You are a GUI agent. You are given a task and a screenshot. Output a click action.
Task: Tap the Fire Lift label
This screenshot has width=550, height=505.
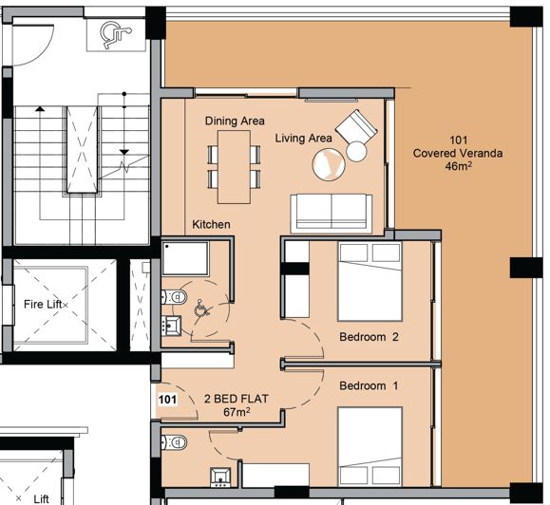pyautogui.click(x=45, y=305)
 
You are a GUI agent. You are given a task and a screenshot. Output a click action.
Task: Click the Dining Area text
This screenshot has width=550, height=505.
pyautogui.click(x=235, y=122)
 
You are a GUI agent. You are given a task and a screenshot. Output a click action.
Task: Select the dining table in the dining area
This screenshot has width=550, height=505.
pyautogui.click(x=234, y=167)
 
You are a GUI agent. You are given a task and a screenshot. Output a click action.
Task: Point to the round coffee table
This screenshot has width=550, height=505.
pyautogui.click(x=329, y=165)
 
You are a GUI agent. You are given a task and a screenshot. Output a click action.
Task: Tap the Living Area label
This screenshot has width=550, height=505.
pyautogui.click(x=303, y=139)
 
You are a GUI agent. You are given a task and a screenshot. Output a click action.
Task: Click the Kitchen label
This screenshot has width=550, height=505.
pyautogui.click(x=211, y=225)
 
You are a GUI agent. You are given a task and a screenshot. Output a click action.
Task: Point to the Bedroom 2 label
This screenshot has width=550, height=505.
pyautogui.click(x=370, y=337)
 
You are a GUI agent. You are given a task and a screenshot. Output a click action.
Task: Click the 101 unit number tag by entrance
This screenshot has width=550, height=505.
pyautogui.click(x=167, y=400)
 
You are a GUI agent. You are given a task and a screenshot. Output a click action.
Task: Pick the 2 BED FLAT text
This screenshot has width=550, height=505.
pyautogui.click(x=236, y=400)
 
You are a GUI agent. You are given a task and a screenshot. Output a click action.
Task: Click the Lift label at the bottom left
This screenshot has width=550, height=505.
pyautogui.click(x=42, y=497)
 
